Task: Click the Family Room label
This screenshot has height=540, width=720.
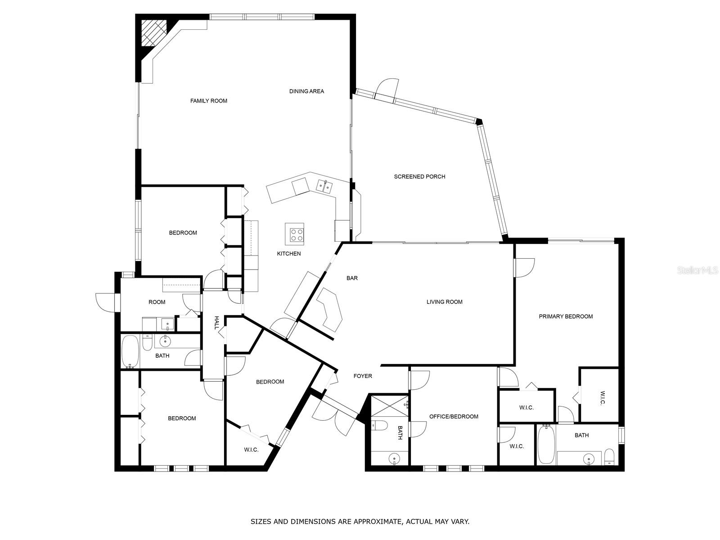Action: click(208, 101)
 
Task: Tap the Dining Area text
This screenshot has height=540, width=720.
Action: click(306, 91)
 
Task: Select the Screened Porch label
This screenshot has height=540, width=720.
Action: click(419, 176)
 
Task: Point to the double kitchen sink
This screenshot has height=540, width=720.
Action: click(324, 185)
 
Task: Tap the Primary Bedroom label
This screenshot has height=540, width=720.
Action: click(566, 316)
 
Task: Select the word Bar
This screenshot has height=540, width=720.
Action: click(352, 278)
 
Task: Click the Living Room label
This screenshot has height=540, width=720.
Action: click(444, 302)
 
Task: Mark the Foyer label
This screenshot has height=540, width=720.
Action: click(363, 376)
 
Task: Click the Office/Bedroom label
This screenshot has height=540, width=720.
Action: click(454, 417)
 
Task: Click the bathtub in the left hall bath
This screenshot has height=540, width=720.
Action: click(130, 351)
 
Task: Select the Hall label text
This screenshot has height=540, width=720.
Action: click(216, 323)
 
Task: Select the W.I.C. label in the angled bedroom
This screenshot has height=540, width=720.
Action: click(251, 450)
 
